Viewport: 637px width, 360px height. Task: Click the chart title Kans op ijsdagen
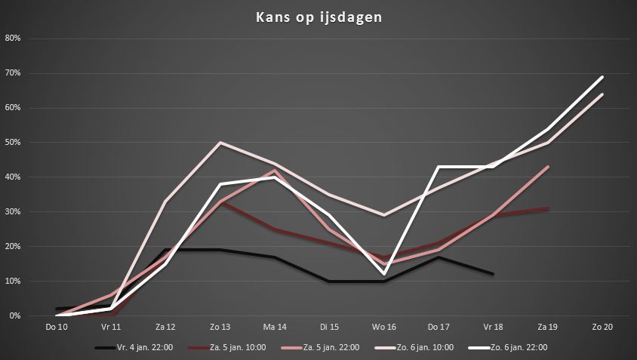[x=319, y=17]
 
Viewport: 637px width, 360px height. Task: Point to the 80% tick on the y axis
[x=13, y=38]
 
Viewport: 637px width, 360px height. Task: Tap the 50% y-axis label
[x=13, y=142]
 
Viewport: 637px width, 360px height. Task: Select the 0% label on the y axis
[x=14, y=315]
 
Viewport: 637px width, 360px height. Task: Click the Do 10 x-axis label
[x=57, y=327]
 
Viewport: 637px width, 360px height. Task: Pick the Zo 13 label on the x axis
[x=220, y=327]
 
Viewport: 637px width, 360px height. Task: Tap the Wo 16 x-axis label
[x=384, y=327]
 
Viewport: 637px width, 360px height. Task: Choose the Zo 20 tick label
[x=602, y=327]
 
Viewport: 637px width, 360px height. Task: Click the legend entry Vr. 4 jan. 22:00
[x=134, y=347]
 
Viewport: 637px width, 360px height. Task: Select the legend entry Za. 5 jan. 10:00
[x=227, y=347]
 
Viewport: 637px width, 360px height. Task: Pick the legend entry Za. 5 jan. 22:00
[x=321, y=347]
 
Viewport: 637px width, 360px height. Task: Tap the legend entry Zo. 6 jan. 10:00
[x=414, y=347]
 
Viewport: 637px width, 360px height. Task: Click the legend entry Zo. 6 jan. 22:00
[x=508, y=347]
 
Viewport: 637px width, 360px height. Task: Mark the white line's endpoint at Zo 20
[x=602, y=77]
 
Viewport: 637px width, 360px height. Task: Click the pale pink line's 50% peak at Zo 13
[x=220, y=142]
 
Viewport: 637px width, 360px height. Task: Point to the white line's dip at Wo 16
[x=384, y=274]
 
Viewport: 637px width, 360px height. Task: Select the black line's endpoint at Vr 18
[x=493, y=274]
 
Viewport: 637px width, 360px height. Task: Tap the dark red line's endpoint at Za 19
[x=548, y=208]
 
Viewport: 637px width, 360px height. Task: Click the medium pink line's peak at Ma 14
[x=275, y=171]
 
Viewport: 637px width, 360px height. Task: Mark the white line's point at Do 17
[x=439, y=167]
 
